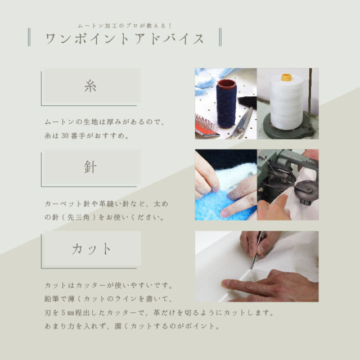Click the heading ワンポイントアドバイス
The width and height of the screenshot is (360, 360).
point(124,39)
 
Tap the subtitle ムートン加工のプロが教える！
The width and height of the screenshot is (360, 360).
point(124,25)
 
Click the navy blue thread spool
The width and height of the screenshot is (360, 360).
point(227,103)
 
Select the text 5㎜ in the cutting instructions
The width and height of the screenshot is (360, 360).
point(76,312)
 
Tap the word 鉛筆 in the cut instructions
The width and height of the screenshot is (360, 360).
point(51,298)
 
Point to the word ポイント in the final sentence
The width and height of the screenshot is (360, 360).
point(199,326)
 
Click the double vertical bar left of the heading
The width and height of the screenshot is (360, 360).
point(29,39)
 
